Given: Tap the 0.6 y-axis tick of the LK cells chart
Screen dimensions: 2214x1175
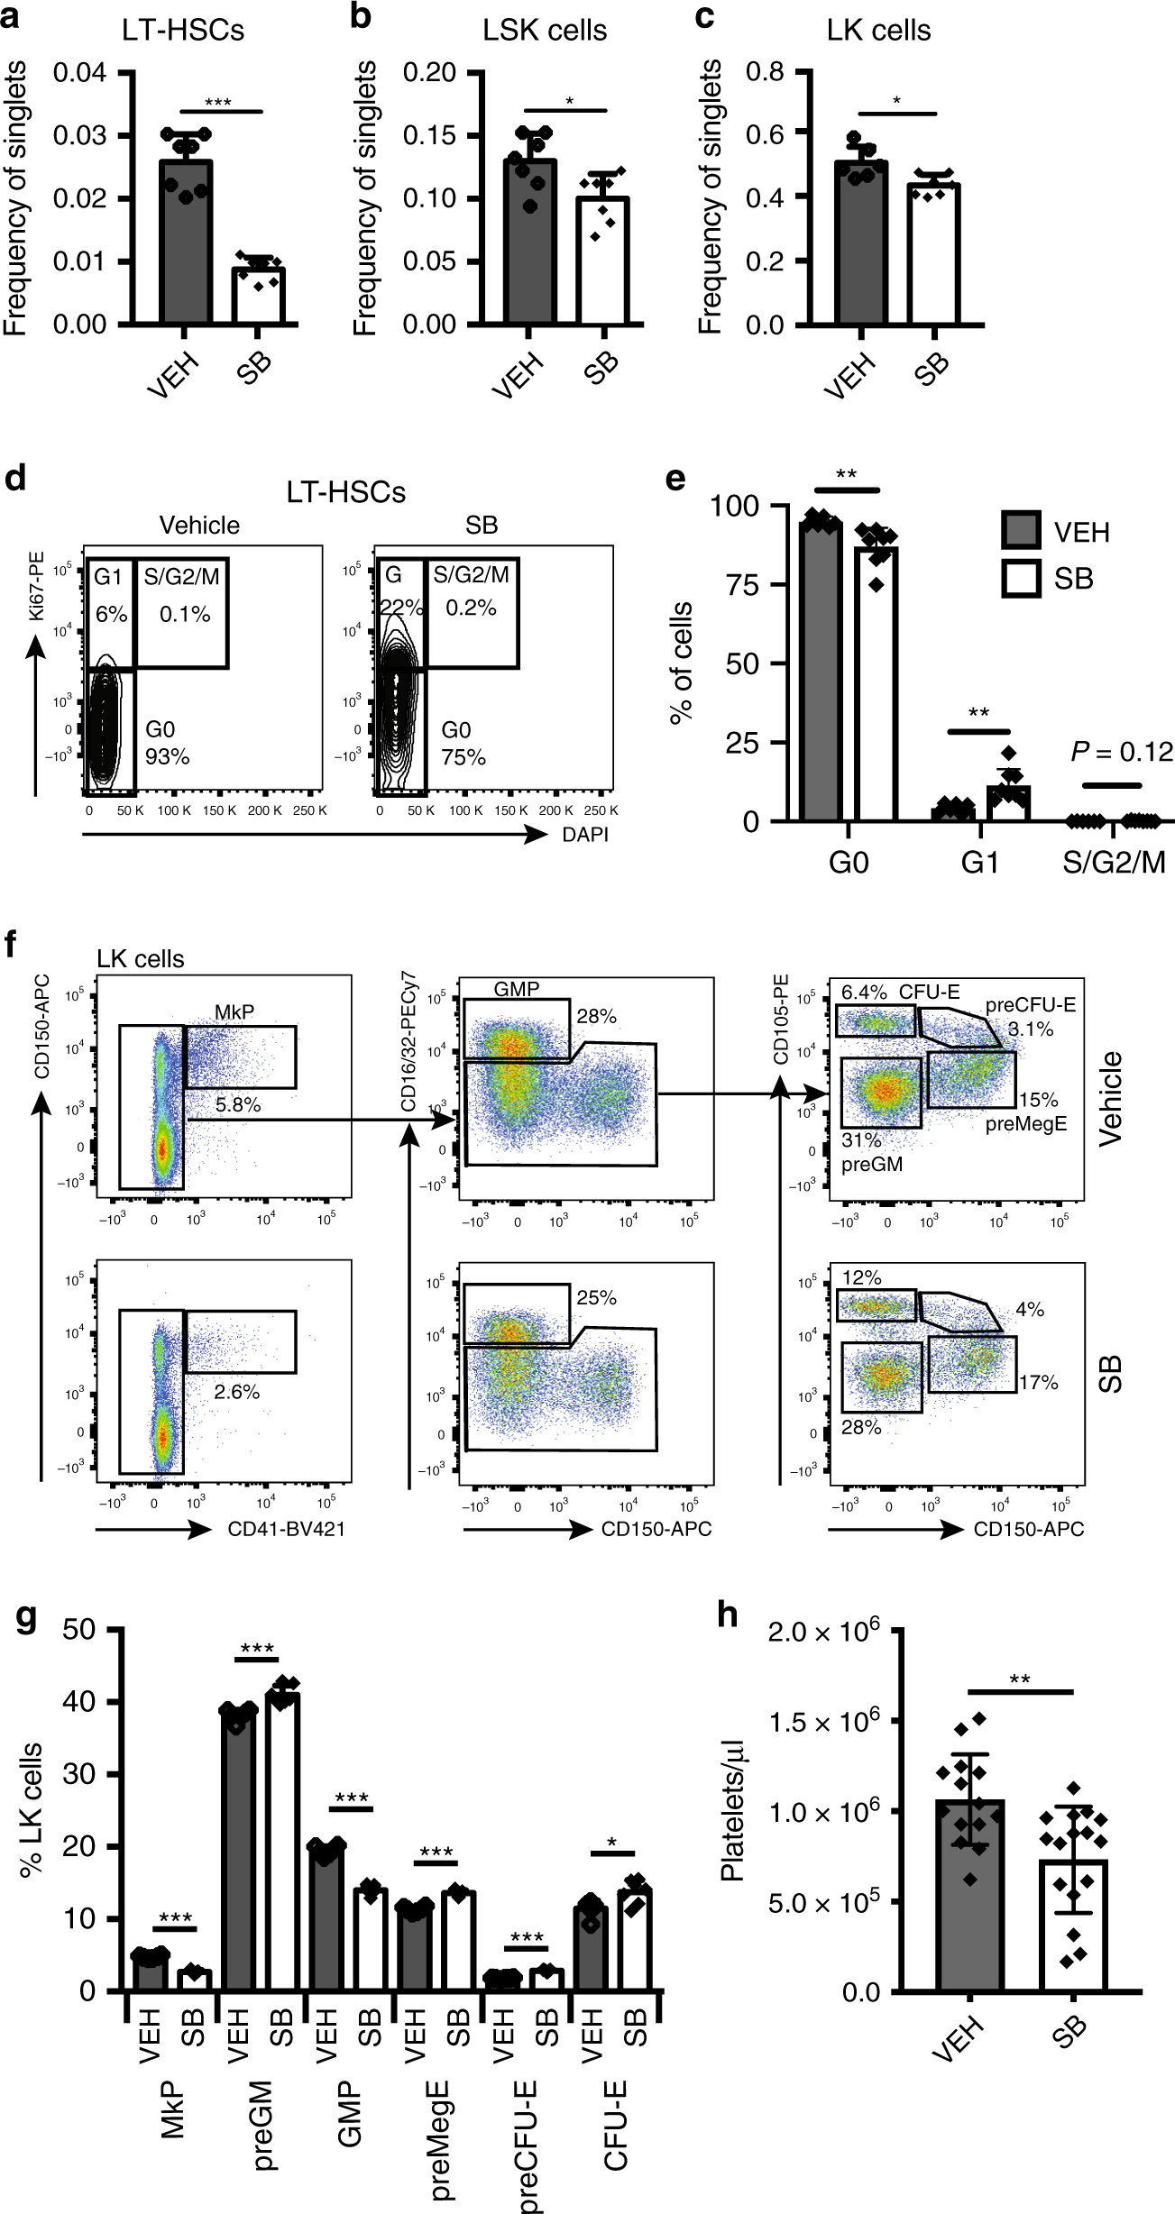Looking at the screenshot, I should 765,133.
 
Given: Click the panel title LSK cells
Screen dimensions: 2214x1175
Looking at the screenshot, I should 544,31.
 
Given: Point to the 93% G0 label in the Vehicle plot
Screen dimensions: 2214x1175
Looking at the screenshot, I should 168,756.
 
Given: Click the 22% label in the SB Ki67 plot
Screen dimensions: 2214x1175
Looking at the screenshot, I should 401,608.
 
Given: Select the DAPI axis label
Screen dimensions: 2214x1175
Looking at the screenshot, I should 585,835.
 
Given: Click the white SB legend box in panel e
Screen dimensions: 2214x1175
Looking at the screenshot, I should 1021,578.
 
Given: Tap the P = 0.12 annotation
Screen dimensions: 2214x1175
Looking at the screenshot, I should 1121,752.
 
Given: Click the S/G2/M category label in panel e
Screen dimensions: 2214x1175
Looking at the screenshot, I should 1114,863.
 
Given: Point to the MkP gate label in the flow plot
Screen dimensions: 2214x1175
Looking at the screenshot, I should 234,1012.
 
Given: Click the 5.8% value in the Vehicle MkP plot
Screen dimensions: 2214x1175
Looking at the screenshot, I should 238,1104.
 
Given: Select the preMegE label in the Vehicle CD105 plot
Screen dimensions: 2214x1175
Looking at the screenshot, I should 1026,1124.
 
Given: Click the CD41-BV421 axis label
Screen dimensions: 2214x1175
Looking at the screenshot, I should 286,1529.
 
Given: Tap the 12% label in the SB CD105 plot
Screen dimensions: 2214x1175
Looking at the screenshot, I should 861,1278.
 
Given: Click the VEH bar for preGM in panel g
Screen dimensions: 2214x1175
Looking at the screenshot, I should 238,1848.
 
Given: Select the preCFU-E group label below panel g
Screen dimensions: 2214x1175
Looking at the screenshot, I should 528,2145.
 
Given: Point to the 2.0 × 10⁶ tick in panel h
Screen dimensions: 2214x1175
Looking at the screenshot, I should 822,1632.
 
